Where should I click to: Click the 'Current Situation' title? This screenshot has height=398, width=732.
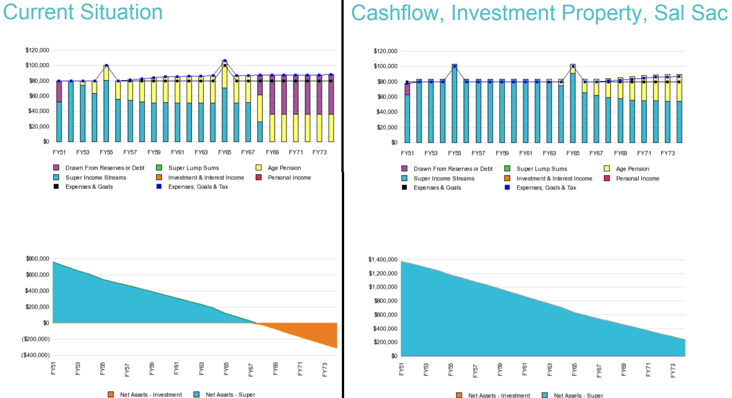click(83, 12)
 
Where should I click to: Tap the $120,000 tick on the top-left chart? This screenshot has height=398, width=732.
click(37, 50)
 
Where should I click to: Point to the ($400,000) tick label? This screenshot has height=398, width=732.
click(36, 355)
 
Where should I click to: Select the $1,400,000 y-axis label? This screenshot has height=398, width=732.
click(383, 260)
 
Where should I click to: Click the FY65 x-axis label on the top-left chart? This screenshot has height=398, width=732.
click(225, 152)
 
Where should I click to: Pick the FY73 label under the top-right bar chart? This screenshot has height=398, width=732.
click(668, 153)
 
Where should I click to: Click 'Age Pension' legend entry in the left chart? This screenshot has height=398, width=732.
click(284, 168)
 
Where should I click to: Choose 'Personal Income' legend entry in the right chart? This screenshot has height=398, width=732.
click(637, 179)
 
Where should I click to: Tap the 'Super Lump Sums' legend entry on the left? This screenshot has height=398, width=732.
click(193, 168)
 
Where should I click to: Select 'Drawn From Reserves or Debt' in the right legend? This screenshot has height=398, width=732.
click(453, 169)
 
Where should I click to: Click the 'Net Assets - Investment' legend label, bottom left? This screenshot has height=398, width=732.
click(150, 395)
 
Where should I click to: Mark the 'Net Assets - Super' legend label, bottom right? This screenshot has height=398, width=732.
click(578, 395)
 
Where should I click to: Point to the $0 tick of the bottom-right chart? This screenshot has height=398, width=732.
click(394, 356)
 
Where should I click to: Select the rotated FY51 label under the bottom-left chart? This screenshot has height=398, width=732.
click(53, 368)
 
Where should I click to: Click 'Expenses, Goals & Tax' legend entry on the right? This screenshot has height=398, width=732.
click(546, 188)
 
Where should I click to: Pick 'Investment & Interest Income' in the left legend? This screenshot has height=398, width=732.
click(206, 178)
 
